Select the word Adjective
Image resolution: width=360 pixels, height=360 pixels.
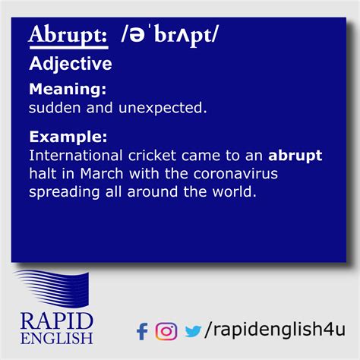click(x=70, y=64)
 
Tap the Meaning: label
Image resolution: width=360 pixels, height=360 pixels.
click(x=68, y=90)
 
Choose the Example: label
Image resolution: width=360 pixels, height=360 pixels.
click(x=68, y=137)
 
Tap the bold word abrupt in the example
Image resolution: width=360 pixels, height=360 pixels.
click(x=295, y=156)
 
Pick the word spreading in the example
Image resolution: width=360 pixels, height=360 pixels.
click(x=64, y=193)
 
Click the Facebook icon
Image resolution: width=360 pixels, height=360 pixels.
click(x=142, y=331)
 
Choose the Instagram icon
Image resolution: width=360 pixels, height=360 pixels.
click(x=166, y=331)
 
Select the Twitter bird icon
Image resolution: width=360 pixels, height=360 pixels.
click(x=193, y=331)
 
